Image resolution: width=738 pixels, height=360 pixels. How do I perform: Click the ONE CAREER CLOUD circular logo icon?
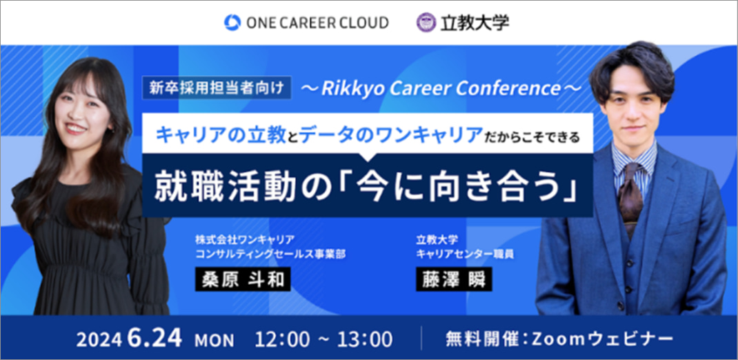pos(232,22)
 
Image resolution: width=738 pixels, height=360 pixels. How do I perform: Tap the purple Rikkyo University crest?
pos(426,22)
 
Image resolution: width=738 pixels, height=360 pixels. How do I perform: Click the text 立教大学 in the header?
pos(475,23)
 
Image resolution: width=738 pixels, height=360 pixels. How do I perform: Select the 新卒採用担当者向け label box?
pos(217,88)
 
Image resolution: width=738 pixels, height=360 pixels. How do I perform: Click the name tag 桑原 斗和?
pos(243,279)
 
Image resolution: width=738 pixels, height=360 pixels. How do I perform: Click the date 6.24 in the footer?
pos(154,339)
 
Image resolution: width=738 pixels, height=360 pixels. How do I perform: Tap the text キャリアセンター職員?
pos(465,254)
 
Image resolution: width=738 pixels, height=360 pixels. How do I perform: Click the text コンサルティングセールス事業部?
pos(270,254)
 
